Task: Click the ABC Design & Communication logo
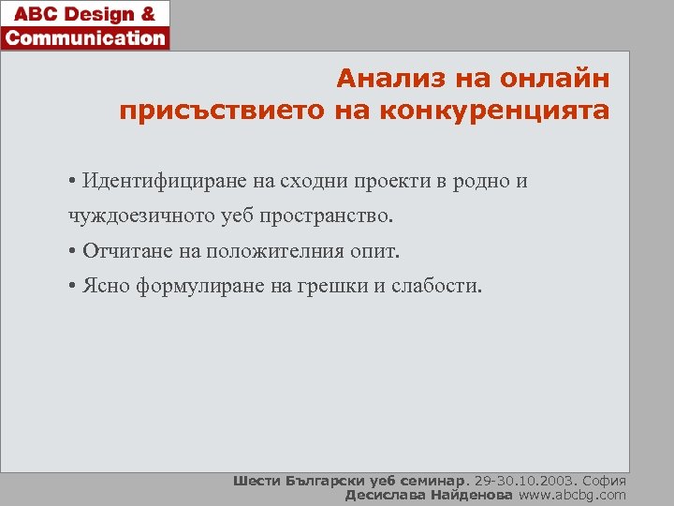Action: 85,25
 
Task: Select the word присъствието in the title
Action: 223,112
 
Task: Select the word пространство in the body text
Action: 327,216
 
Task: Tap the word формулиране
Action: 195,286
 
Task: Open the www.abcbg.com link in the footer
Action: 573,495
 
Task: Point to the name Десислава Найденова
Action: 430,495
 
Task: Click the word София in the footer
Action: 606,481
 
